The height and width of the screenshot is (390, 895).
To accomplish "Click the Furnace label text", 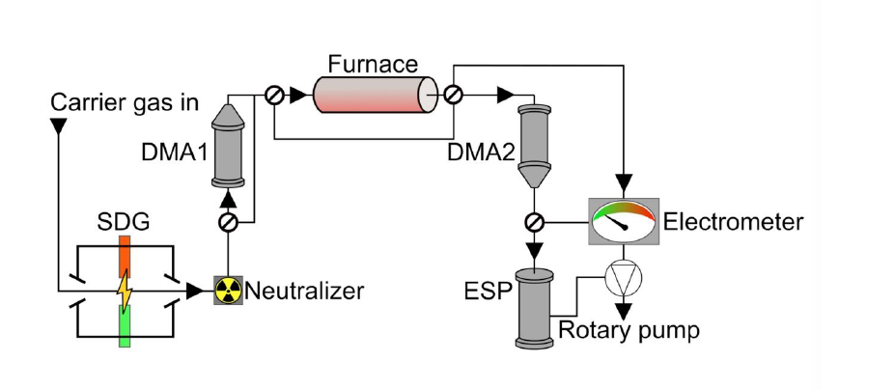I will pos(373,65).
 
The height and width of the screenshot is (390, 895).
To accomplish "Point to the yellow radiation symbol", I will pos(228,289).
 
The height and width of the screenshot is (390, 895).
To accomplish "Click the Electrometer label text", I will pos(733,223).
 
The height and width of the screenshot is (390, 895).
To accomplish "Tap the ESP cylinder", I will pos(533,310).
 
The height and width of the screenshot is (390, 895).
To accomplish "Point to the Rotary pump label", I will pos(628,331).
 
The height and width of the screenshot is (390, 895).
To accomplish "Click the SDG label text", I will pos(123,222).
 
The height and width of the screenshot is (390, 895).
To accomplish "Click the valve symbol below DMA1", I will pos(228,223).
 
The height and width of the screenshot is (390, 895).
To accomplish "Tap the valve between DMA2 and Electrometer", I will pos(533,223).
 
